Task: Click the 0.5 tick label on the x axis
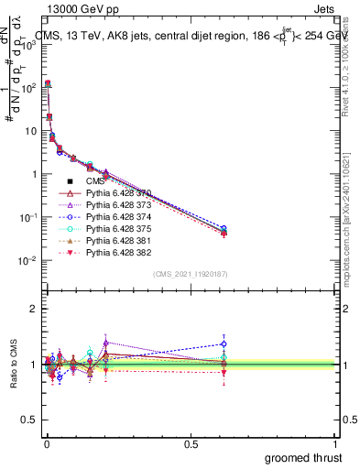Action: click(190, 444)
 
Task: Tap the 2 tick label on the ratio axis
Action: click(31, 309)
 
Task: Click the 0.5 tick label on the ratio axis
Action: click(27, 420)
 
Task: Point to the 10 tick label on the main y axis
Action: click(27, 131)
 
